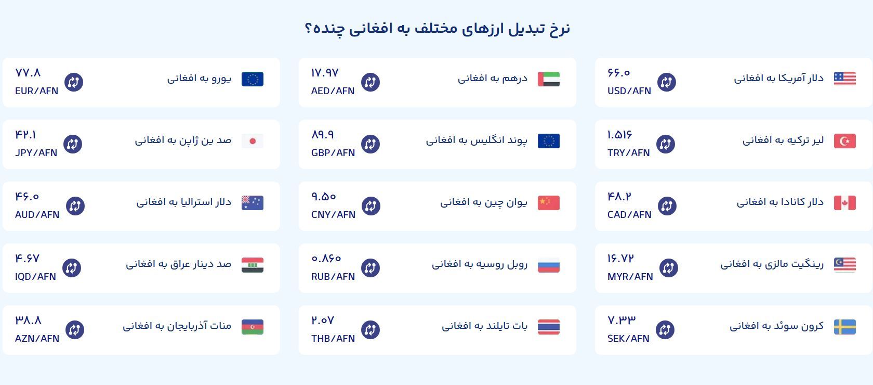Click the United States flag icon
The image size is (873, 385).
click(844, 79)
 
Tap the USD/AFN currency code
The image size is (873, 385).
click(629, 91)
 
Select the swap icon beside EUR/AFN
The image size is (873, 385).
click(74, 82)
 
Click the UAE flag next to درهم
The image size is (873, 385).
click(549, 79)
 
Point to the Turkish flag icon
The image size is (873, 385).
click(844, 141)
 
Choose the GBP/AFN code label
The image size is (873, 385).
click(333, 153)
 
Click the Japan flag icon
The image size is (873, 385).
click(253, 141)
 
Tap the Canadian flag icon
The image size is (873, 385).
click(844, 203)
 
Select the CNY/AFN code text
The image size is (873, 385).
click(333, 215)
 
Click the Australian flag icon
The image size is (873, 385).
click(253, 203)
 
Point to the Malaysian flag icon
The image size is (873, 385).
click(844, 265)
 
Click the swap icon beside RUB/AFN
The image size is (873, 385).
click(370, 268)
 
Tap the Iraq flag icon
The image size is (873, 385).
click(253, 265)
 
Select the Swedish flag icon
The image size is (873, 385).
click(844, 327)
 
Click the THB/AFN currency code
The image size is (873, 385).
click(333, 339)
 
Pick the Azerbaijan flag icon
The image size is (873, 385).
click(253, 327)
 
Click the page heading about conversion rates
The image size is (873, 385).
click(437, 28)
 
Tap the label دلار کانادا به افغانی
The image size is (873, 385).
click(780, 202)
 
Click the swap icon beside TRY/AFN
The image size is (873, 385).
click(665, 144)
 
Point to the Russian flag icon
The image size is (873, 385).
click(549, 265)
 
